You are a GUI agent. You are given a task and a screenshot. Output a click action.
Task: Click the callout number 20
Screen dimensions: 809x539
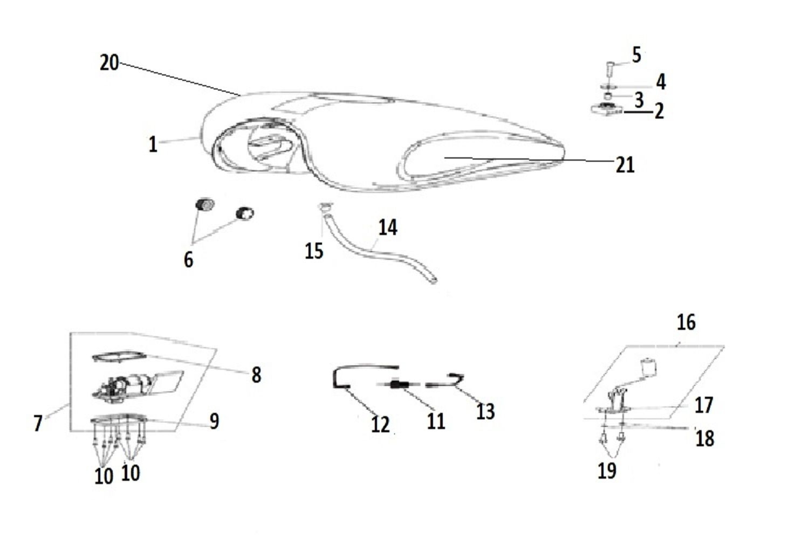(x=109, y=63)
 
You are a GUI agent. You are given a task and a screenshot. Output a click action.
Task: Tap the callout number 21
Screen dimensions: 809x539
(x=625, y=165)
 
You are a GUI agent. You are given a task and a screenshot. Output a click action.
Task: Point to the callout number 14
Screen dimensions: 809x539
(x=388, y=227)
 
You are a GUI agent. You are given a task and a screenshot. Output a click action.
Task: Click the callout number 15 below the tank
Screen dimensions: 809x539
(x=314, y=251)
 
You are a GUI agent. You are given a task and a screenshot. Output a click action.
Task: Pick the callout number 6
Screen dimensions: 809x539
(x=189, y=259)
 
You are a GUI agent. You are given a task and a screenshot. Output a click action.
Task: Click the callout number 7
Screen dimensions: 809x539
(x=38, y=423)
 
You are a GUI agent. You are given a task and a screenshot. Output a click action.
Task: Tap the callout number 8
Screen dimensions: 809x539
(x=256, y=375)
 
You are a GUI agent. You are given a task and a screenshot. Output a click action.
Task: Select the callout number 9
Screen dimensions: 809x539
(x=215, y=421)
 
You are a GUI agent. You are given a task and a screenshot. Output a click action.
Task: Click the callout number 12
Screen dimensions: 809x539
(x=380, y=424)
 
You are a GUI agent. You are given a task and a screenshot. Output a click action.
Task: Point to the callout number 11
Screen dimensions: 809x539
(x=436, y=421)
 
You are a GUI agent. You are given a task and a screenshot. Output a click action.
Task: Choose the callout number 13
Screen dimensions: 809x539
(x=485, y=411)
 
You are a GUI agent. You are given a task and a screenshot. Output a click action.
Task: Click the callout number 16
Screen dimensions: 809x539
(x=686, y=322)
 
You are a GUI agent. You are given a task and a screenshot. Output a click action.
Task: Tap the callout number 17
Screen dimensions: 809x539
(x=703, y=405)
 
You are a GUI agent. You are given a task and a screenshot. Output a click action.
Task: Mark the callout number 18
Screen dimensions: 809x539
(x=704, y=438)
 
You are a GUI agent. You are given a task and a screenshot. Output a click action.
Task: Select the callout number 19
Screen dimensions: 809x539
(x=607, y=471)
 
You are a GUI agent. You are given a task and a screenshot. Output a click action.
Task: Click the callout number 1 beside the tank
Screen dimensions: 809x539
(x=153, y=144)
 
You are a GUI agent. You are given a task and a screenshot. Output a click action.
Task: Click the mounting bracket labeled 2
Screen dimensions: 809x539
(x=607, y=109)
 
